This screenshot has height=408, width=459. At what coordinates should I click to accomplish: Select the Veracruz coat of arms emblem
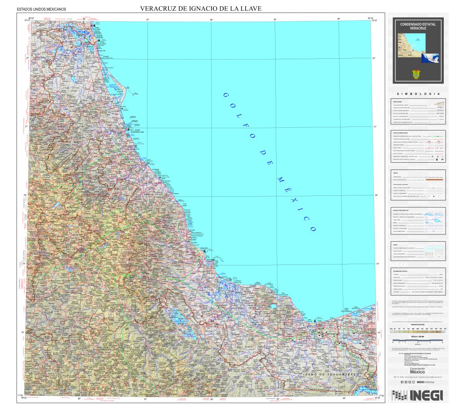pos(418,75)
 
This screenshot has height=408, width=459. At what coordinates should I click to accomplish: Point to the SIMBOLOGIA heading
pos(419,94)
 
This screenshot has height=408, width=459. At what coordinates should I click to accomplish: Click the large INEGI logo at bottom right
pos(418,395)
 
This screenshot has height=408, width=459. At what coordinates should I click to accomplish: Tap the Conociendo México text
pos(418,371)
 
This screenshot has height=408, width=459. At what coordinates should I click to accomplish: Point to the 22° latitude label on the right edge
pos(379,58)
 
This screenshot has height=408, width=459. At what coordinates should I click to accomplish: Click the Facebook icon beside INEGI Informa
pos(402,382)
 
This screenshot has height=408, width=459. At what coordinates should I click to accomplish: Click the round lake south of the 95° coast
pos(273,307)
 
